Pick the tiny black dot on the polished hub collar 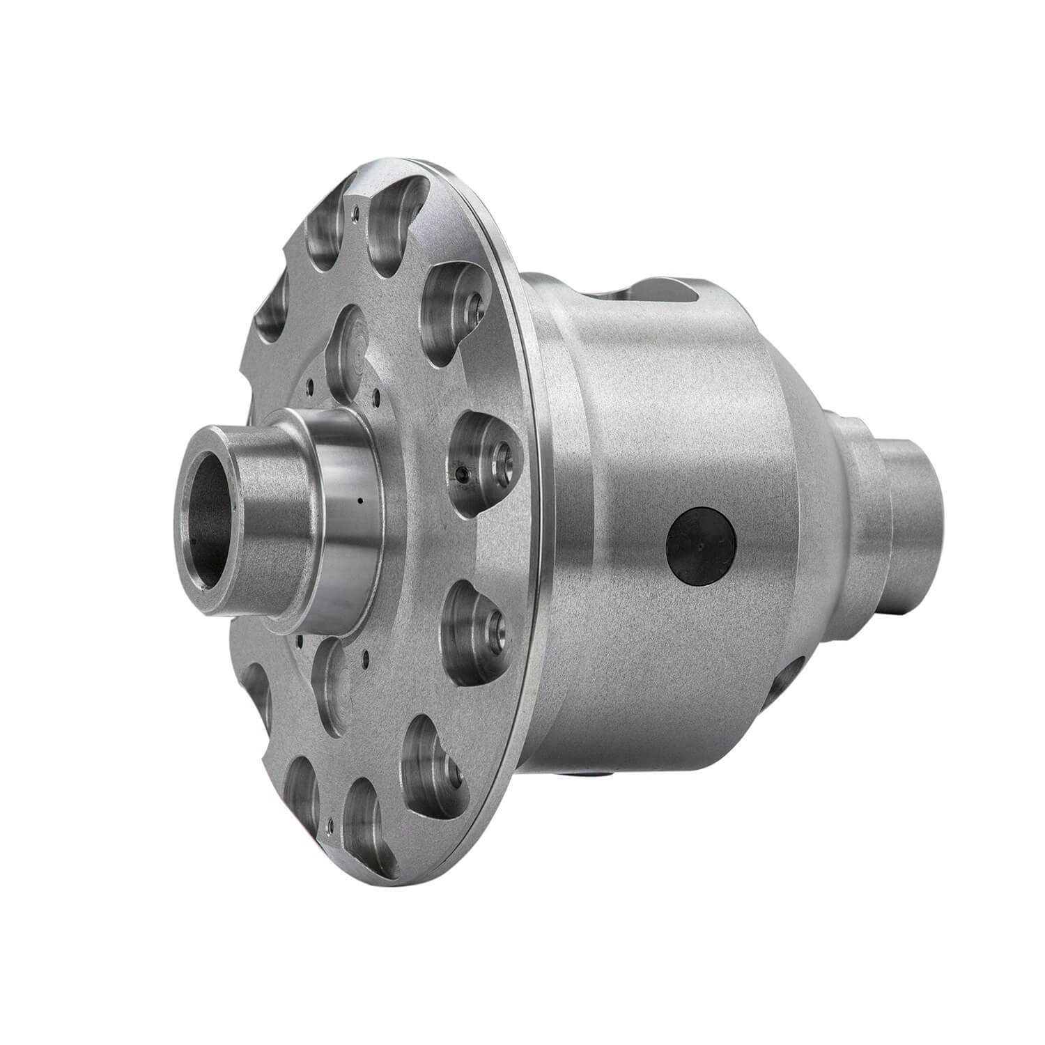pyautogui.click(x=359, y=500)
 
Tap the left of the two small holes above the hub pyautogui.click(x=313, y=380)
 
